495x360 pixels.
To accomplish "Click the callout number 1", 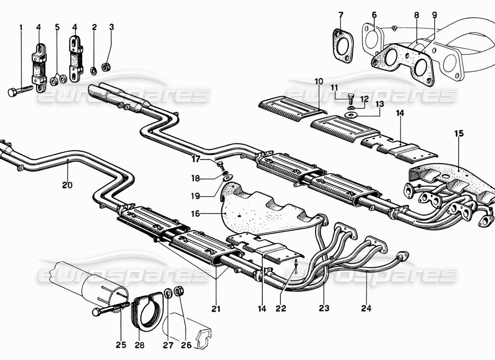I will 21,27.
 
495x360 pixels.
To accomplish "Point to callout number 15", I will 459,134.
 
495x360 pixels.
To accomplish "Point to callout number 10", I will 319,81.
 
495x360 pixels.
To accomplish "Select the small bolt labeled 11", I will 351,96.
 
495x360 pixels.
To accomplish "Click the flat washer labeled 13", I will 351,115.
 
